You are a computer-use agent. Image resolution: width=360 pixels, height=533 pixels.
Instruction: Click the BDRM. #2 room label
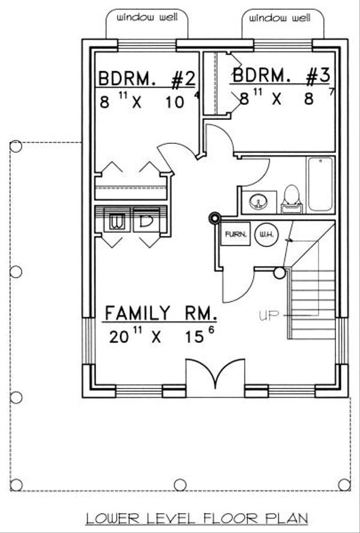(147, 78)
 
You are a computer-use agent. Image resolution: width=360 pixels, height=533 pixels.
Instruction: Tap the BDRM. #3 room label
(281, 75)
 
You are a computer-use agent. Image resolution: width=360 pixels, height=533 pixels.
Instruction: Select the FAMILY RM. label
(161, 313)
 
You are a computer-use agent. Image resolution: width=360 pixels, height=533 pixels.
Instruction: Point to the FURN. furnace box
(235, 234)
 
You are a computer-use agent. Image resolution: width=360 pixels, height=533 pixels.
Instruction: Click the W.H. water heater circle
(266, 234)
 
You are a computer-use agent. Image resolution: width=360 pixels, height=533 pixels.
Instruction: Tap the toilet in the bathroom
(291, 199)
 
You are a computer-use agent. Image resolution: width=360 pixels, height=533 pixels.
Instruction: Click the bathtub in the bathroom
(320, 184)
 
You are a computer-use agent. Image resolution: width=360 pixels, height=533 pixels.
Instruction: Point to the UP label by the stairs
(268, 316)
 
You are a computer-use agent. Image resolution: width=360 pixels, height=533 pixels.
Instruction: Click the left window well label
(147, 17)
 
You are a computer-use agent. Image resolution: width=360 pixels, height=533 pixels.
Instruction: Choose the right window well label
(280, 17)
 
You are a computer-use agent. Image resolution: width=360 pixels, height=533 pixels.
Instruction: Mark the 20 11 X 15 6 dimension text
(162, 336)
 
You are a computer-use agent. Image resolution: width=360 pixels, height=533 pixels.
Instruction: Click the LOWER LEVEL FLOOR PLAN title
(197, 519)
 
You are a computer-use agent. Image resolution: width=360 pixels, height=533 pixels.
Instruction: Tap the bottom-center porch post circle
(181, 485)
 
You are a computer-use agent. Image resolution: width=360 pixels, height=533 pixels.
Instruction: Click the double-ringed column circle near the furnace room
(215, 219)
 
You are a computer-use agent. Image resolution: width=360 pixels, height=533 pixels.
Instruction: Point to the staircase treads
(313, 304)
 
